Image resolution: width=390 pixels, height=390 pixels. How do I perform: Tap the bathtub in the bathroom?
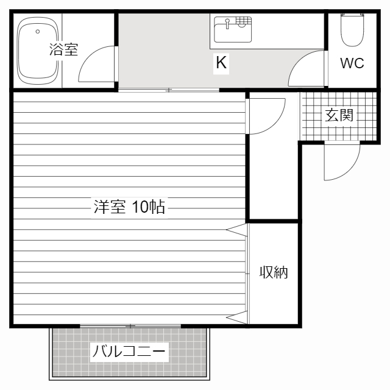pyautogui.click(x=37, y=51)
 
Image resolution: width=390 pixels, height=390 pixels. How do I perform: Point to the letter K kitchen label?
pyautogui.click(x=221, y=62)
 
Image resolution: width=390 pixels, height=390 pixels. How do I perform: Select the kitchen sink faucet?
pyautogui.click(x=227, y=24)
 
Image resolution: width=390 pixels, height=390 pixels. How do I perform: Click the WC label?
pyautogui.click(x=352, y=63)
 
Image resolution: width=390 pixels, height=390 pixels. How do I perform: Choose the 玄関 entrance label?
pyautogui.click(x=339, y=115)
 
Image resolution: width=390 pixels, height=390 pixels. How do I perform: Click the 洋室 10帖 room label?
pyautogui.click(x=129, y=207)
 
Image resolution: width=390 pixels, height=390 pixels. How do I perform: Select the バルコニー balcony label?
pyautogui.click(x=129, y=352)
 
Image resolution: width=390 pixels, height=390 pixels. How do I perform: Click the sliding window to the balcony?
pyautogui.click(x=130, y=326)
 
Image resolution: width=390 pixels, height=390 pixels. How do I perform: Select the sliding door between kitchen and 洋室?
pyautogui.click(x=169, y=90)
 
